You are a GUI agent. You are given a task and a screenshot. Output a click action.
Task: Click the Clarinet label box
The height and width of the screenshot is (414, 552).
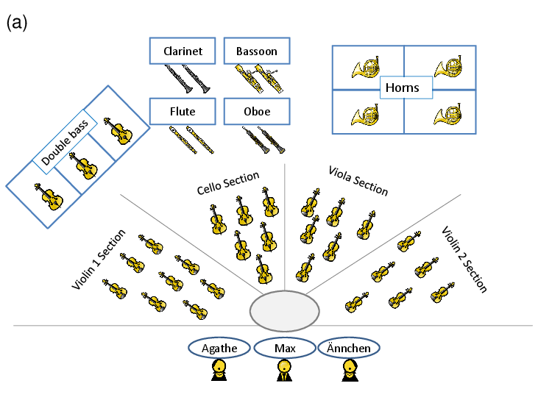(183, 51)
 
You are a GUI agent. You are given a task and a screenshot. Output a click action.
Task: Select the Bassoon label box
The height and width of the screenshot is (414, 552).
(257, 51)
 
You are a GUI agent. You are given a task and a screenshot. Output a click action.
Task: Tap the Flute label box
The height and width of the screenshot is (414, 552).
(183, 112)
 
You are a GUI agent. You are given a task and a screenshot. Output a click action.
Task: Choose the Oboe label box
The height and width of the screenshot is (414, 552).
(257, 112)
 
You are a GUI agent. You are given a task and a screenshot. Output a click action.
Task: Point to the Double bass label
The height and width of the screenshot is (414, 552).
(65, 142)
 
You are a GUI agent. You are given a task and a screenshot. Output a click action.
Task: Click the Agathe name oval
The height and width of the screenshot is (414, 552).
(219, 349)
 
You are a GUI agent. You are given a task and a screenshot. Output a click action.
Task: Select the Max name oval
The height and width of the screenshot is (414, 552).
(285, 349)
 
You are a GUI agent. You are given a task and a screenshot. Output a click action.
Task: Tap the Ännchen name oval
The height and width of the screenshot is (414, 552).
(349, 349)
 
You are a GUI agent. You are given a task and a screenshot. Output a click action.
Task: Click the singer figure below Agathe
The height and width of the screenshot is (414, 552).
(219, 370)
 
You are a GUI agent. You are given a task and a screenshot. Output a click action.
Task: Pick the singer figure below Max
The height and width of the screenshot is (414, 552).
(284, 370)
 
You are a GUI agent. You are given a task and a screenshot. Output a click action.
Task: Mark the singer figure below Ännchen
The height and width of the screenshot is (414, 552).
(350, 370)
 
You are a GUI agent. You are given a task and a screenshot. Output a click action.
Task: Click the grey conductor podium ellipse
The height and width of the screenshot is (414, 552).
(284, 311)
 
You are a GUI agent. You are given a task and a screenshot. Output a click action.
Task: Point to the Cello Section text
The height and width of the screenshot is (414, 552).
(228, 183)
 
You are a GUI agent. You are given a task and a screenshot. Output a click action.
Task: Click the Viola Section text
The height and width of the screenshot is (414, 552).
(358, 181)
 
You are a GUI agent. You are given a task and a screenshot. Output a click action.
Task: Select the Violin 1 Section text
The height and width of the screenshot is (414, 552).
(99, 260)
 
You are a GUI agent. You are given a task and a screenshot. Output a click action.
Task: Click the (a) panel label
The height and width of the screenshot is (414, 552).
(16, 24)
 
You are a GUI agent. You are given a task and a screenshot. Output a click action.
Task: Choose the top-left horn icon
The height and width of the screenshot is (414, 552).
(365, 67)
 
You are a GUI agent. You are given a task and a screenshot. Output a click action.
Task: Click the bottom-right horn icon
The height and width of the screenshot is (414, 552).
(447, 114)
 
